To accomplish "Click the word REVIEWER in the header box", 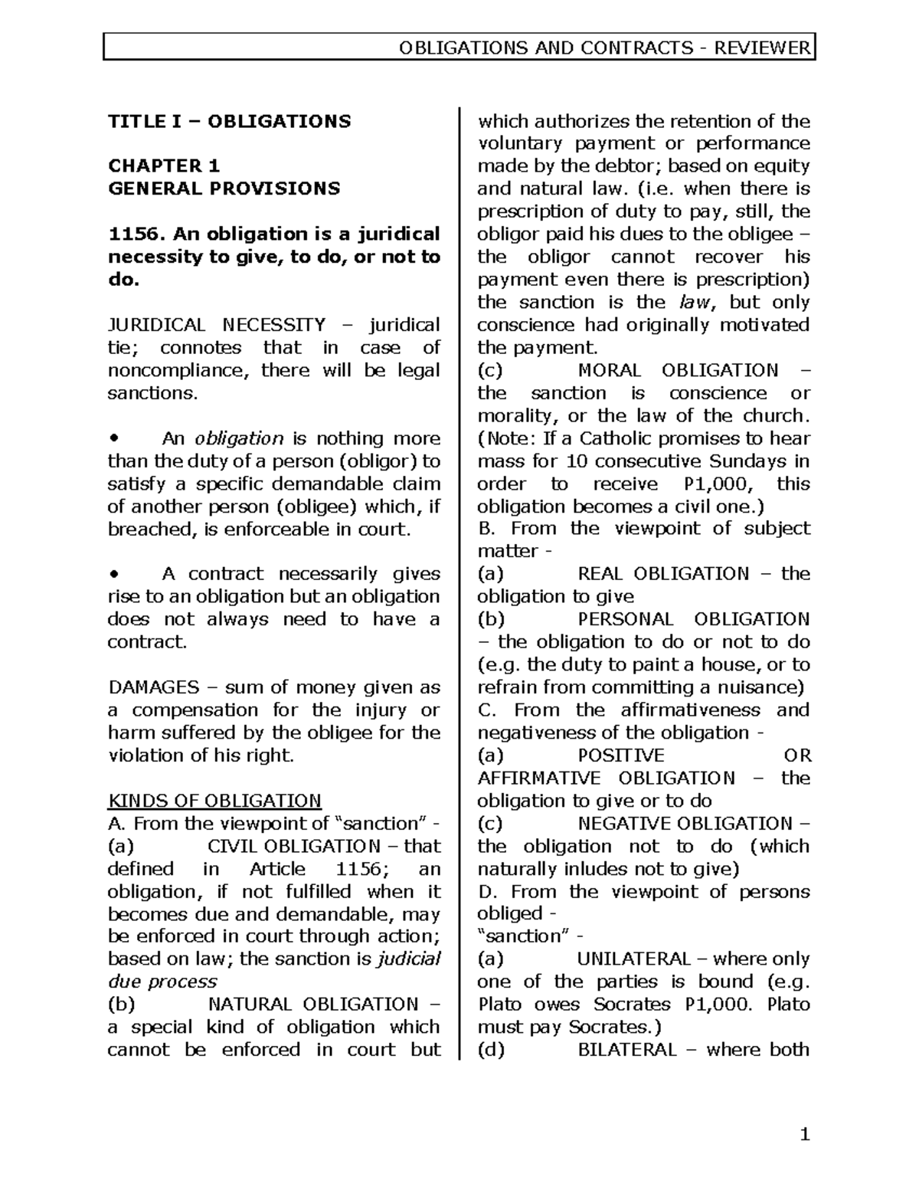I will click(761, 48).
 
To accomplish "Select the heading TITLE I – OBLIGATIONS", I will click(229, 121).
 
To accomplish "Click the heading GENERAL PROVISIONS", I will click(224, 188).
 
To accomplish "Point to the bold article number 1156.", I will click(132, 234).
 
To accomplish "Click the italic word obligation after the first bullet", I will click(239, 438).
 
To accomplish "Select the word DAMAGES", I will click(153, 687).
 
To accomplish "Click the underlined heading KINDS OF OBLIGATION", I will click(214, 801).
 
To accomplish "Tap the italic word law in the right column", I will click(695, 302).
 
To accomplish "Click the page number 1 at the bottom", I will click(804, 1135).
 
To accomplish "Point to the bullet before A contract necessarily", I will click(113, 574).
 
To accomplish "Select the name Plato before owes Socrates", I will click(499, 1004).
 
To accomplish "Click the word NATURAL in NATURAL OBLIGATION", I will click(250, 1004).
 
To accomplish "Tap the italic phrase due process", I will click(162, 982).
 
